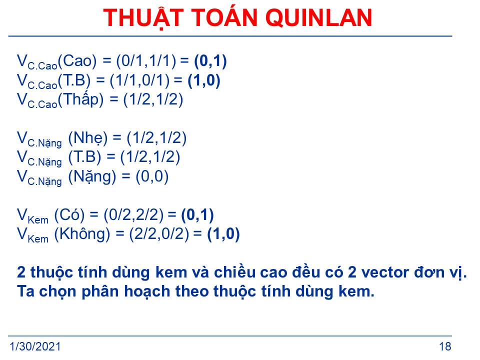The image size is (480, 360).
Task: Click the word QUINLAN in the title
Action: [x=318, y=18]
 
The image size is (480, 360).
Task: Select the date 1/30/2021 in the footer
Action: [x=35, y=346]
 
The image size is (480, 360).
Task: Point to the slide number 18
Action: [x=445, y=346]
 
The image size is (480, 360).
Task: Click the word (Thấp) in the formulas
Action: [x=81, y=99]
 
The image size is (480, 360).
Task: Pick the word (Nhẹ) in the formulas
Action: [x=88, y=138]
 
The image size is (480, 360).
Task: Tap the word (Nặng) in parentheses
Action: [x=92, y=177]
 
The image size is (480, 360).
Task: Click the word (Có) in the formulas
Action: [x=69, y=215]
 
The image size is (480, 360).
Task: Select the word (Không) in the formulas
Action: [x=82, y=234]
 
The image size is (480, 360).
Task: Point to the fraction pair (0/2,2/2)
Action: [x=133, y=215]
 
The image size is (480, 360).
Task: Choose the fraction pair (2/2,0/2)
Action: [x=159, y=234]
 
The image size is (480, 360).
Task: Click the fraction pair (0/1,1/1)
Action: [x=146, y=61]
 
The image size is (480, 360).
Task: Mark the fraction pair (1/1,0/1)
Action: [x=139, y=80]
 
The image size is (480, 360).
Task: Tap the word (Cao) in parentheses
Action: [x=77, y=61]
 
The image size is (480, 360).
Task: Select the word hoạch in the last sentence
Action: [x=147, y=291]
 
